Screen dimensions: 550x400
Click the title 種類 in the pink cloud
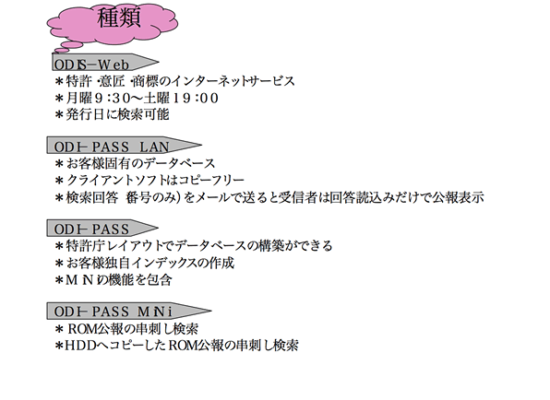[119, 18]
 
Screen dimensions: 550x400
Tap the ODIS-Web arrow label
[105, 63]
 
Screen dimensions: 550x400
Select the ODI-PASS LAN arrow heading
[125, 146]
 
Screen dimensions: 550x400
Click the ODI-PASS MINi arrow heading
[129, 311]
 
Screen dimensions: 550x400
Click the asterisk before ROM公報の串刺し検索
[59, 329]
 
